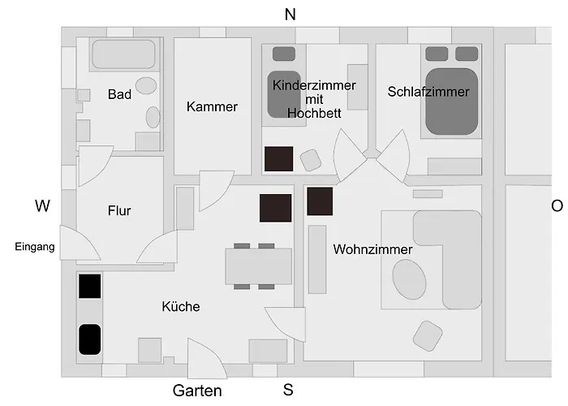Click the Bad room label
[119, 95]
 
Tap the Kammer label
[212, 107]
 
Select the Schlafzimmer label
[428, 92]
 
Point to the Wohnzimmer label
[372, 249]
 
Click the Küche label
[181, 306]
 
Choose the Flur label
[119, 211]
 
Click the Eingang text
[35, 247]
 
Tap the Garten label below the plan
[197, 391]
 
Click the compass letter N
[290, 15]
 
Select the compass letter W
[42, 206]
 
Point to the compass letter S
[288, 391]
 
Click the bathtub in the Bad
[122, 55]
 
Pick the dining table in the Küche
[258, 266]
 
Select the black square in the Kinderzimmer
[278, 158]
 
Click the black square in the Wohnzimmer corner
[320, 201]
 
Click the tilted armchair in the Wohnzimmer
[427, 335]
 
